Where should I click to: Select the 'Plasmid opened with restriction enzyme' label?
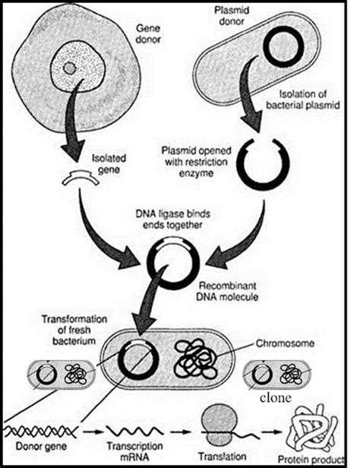point(199,160)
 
